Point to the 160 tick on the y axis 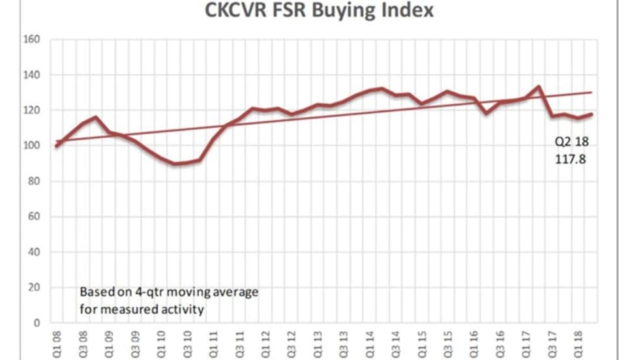tap(33, 40)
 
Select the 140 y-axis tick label tap(33, 75)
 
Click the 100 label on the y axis tap(33, 146)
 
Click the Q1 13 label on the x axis tap(318, 342)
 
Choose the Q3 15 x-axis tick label tap(447, 342)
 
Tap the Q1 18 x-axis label tap(577, 342)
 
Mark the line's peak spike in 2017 tap(538, 87)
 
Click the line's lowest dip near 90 tap(176, 164)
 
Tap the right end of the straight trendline tap(591, 93)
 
